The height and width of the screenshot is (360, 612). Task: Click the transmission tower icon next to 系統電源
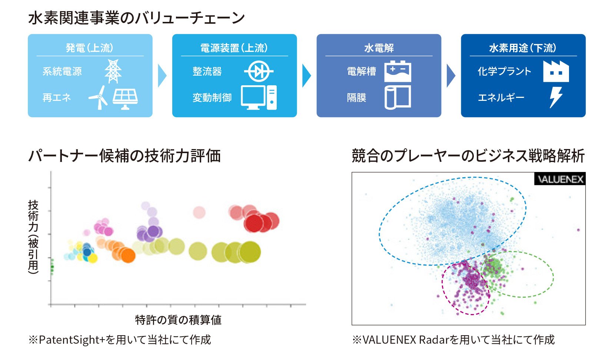(113, 71)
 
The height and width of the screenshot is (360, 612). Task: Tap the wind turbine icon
(99, 98)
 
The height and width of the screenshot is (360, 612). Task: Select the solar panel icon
(125, 98)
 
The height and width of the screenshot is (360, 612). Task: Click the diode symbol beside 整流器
(259, 71)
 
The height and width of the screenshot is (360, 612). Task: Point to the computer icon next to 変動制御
(259, 98)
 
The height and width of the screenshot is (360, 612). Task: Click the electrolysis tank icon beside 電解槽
(398, 71)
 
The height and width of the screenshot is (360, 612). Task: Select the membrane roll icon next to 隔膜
(398, 98)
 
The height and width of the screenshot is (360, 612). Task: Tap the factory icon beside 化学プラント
(556, 71)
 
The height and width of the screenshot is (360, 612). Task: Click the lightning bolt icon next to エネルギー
(556, 98)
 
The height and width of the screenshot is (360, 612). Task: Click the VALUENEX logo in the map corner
(560, 179)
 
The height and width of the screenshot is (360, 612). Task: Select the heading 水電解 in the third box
(379, 48)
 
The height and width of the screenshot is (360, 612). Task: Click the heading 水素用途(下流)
(523, 48)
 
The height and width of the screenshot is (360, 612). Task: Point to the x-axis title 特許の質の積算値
(178, 320)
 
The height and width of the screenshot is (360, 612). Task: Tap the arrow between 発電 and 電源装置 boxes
(162, 76)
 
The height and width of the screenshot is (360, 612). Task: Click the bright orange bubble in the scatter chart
(128, 255)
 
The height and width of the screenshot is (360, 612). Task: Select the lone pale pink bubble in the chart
(199, 212)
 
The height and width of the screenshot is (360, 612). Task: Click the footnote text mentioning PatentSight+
(120, 340)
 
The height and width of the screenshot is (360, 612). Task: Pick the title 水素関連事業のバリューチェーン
(136, 18)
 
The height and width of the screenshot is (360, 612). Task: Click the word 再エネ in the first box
(57, 98)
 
